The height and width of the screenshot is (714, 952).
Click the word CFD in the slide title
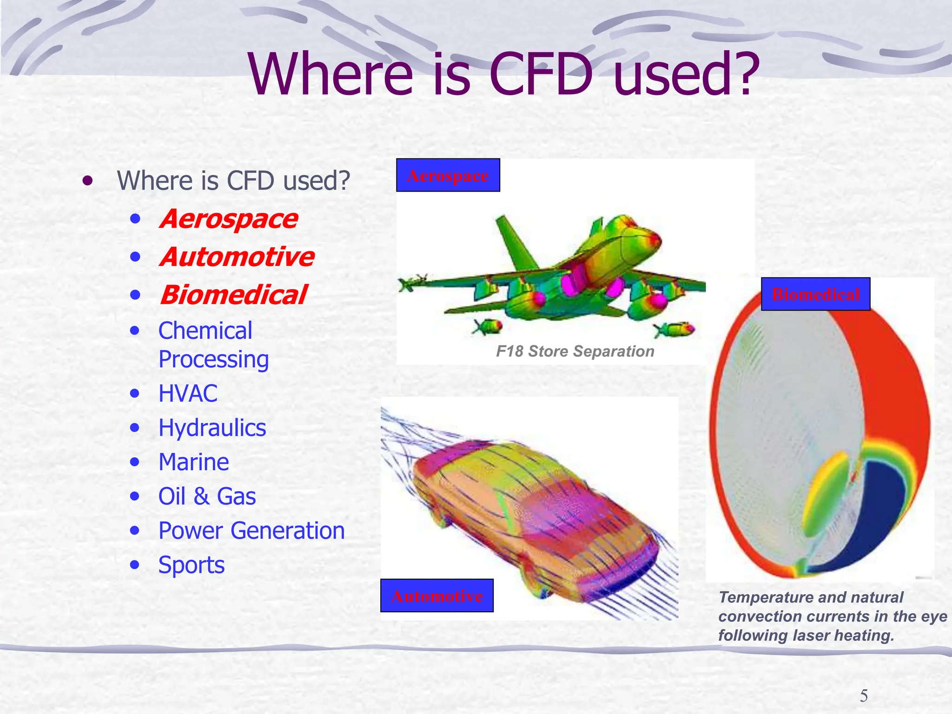tap(541, 74)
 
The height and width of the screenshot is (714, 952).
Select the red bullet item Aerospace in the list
tap(228, 219)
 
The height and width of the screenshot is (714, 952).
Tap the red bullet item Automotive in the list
tap(237, 257)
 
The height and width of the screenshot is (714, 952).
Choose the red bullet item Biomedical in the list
tap(233, 295)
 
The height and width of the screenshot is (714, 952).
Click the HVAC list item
tap(188, 394)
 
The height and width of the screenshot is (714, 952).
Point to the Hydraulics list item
tap(212, 428)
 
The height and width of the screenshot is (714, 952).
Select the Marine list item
tap(193, 463)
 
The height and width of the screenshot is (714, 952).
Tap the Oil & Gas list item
tap(207, 496)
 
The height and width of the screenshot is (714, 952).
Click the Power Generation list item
tap(251, 531)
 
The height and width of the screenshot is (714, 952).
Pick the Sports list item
tap(191, 565)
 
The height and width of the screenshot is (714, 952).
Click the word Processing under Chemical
tap(213, 360)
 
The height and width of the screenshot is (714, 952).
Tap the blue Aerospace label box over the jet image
tap(448, 175)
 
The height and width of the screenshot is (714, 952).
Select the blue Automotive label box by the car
tap(436, 595)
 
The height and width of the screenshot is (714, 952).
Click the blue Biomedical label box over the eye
tap(815, 294)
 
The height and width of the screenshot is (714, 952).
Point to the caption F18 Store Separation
tap(575, 351)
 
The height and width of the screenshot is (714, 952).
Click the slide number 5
tap(864, 696)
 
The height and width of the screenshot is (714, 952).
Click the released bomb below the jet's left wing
tap(487, 327)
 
